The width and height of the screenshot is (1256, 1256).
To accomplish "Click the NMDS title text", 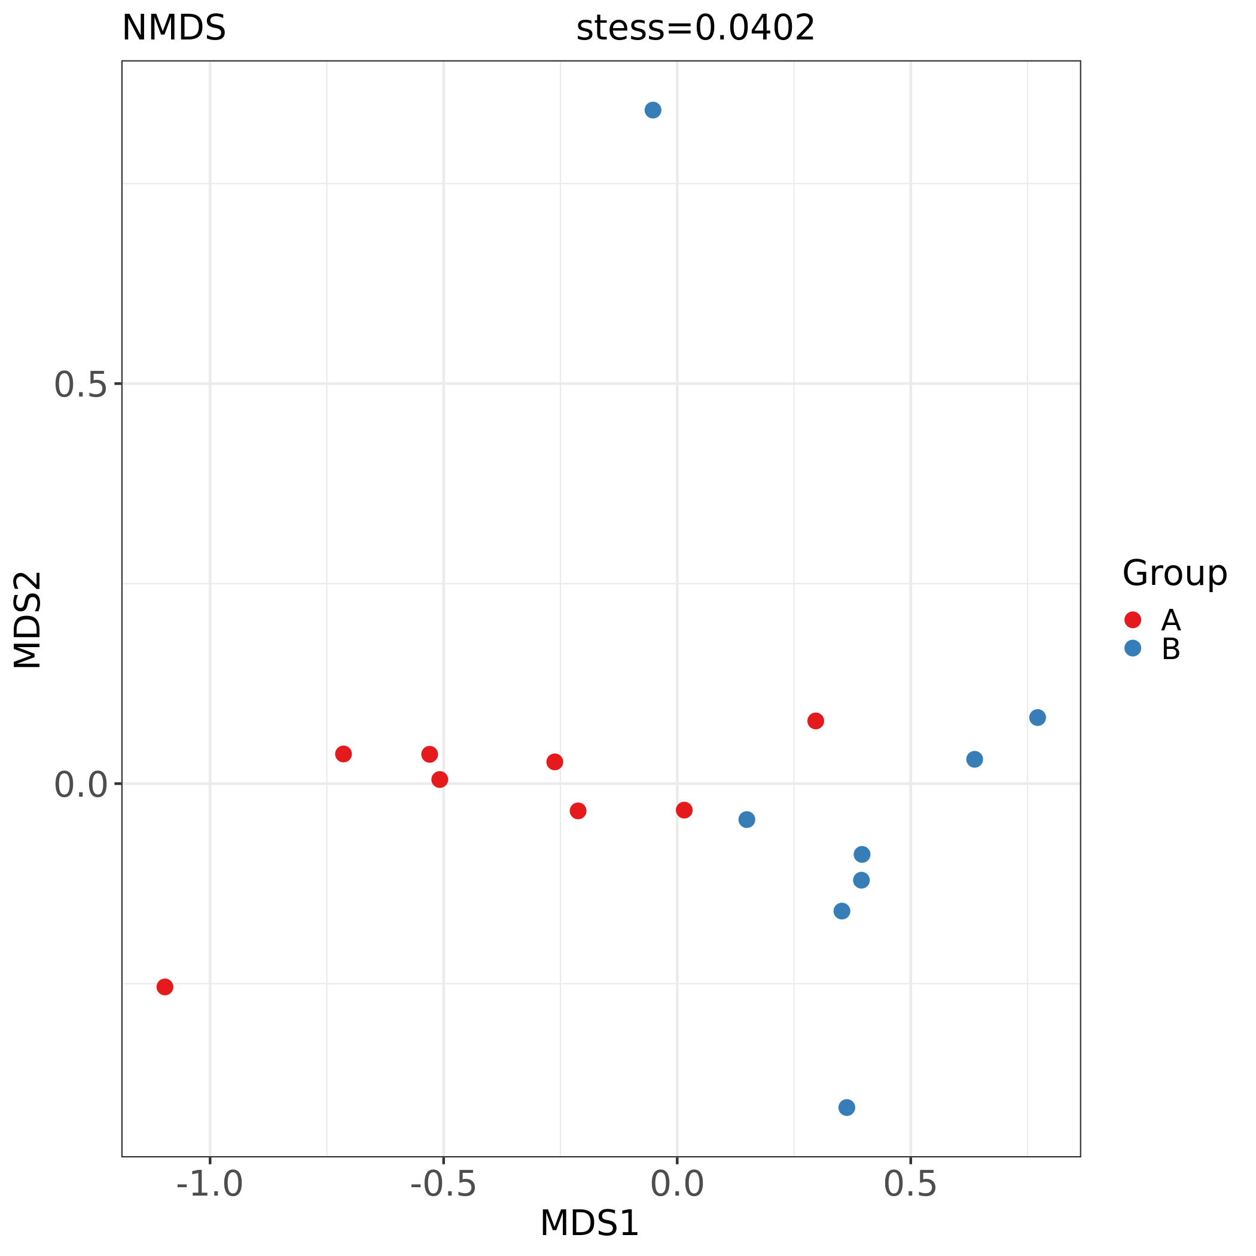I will click(x=173, y=29).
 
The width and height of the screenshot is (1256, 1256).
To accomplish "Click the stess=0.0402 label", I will click(x=695, y=29).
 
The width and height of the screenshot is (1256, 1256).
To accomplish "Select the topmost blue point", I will click(x=653, y=110).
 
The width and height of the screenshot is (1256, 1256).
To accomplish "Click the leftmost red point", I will click(x=165, y=987).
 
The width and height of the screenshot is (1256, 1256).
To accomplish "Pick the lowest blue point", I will click(x=846, y=1107).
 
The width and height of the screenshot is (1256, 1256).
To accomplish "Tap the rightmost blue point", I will click(x=1038, y=718).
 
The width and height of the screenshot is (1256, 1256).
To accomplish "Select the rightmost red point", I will click(x=815, y=721).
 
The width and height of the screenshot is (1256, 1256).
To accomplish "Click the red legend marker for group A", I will click(x=1132, y=620).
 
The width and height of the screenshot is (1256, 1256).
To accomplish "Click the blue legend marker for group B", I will click(x=1132, y=648).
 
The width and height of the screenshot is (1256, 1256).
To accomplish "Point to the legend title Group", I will click(x=1174, y=574).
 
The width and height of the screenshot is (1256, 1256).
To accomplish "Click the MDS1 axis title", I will click(x=590, y=1224).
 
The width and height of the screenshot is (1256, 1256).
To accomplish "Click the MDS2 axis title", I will click(x=28, y=620).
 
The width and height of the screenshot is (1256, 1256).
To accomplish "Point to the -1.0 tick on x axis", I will click(x=210, y=1184).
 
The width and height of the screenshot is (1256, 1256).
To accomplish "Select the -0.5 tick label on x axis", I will click(x=443, y=1184).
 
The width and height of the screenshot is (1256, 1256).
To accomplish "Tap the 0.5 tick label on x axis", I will click(x=910, y=1184).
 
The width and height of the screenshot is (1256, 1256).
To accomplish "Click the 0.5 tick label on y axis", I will click(x=80, y=385).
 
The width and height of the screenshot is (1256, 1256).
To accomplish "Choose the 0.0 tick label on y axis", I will click(x=80, y=785).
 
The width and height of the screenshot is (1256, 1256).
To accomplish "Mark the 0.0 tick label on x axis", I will click(x=677, y=1184).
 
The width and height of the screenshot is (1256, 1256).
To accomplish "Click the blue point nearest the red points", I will click(x=747, y=820).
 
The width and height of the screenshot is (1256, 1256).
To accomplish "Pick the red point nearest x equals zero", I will click(x=684, y=810).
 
